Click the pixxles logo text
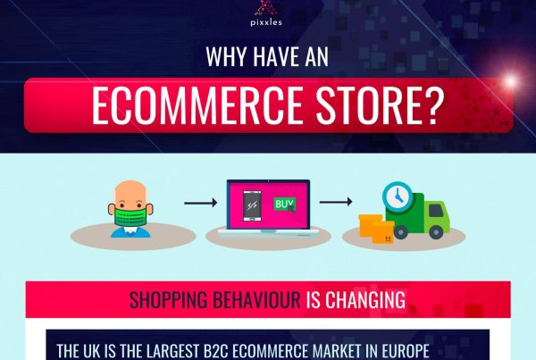coord(266,22)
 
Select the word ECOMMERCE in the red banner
coord(197,105)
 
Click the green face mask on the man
coord(130,216)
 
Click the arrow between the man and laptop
coord(201,203)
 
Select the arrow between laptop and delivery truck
coord(336,202)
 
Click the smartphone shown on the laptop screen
coord(252,206)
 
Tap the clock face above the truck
coord(398,197)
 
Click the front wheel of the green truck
coord(436,231)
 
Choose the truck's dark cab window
coord(436,210)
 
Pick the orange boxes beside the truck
coord(376,229)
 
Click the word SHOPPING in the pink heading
coord(169,300)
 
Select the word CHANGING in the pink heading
coord(365,300)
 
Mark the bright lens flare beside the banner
coord(510,81)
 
